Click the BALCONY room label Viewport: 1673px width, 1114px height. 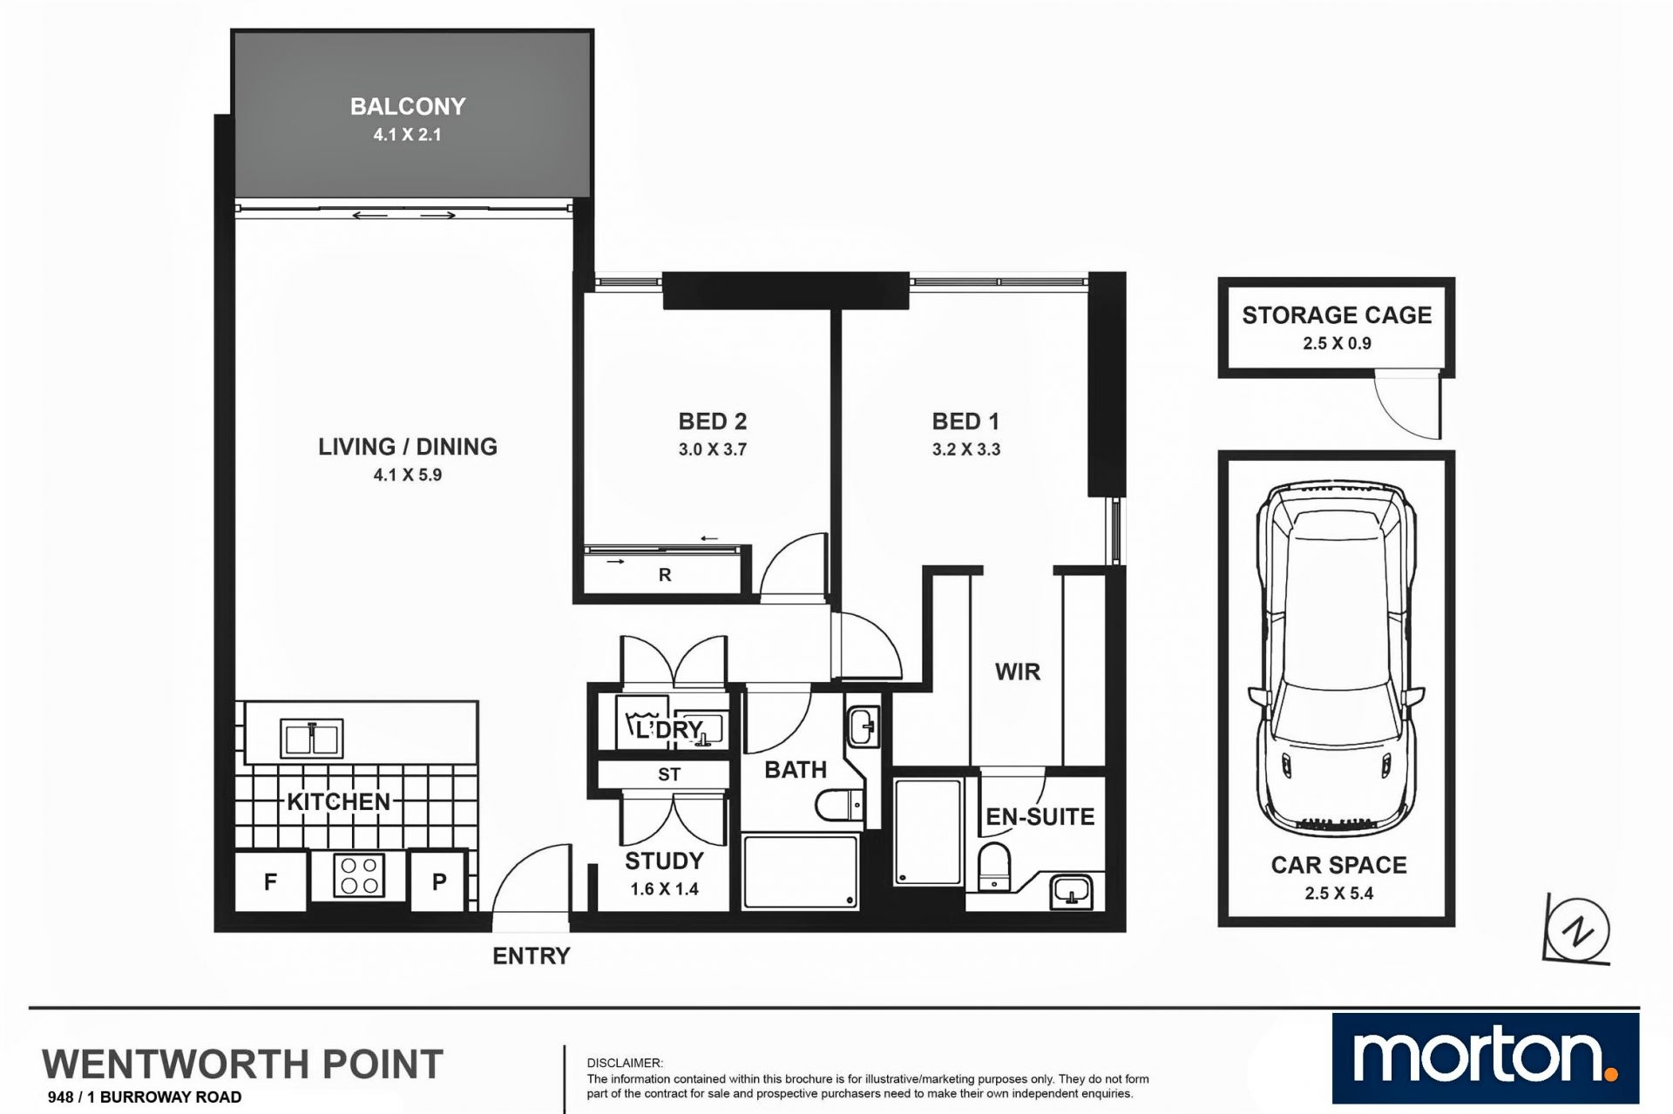(408, 106)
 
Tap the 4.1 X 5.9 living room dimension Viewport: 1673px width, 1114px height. (407, 476)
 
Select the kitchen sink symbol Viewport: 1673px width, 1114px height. (311, 739)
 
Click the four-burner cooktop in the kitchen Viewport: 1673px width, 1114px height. (359, 875)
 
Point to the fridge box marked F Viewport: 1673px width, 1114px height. (271, 881)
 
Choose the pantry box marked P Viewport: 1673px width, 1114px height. (439, 881)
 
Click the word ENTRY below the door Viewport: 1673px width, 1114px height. (532, 956)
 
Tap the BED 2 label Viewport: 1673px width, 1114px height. (713, 422)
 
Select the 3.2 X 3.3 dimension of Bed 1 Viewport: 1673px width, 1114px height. (966, 450)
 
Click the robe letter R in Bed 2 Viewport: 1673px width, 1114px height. (665, 575)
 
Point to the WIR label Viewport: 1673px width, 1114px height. (1018, 672)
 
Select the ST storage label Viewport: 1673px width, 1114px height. (669, 774)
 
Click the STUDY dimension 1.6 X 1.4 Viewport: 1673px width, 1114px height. (665, 889)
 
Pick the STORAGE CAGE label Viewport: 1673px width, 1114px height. (1337, 315)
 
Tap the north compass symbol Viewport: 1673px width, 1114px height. (1577, 930)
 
